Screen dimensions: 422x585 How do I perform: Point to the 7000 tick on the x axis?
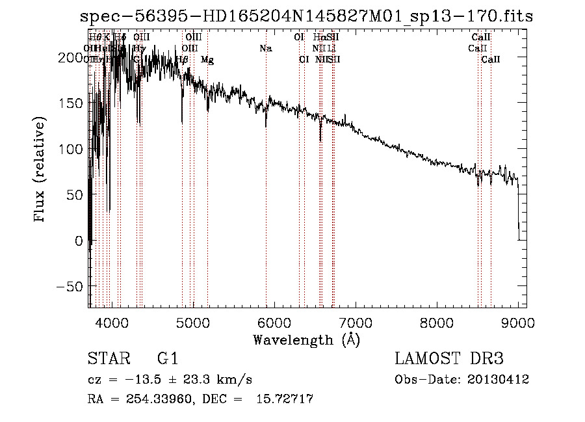[x=356, y=323]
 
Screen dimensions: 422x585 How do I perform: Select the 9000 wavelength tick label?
[x=518, y=323]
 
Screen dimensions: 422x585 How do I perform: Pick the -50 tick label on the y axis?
[x=71, y=287]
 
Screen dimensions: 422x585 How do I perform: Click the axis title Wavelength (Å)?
[x=306, y=339]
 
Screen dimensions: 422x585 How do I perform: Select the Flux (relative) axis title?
[x=40, y=169]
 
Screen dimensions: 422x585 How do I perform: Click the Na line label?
[x=265, y=49]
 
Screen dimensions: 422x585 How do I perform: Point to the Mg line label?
[x=207, y=60]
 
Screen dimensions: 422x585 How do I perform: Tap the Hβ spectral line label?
[x=182, y=60]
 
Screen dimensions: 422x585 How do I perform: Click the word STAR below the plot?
[x=109, y=360]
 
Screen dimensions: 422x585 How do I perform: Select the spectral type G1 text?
[x=168, y=360]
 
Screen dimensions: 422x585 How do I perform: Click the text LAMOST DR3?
[x=448, y=360]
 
